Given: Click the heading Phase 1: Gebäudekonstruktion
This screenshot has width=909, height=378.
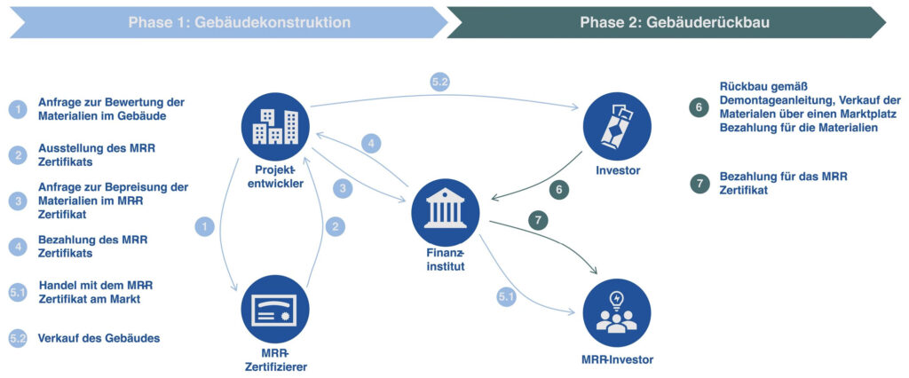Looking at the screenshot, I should [x=226, y=22].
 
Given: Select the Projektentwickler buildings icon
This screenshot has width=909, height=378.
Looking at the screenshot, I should [x=275, y=127].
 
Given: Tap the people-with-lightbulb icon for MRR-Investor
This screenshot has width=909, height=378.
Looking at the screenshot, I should [x=617, y=311].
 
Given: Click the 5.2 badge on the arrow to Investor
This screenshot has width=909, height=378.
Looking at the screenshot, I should [x=440, y=83].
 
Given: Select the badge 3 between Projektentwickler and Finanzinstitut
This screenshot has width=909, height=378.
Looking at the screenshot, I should [x=343, y=188].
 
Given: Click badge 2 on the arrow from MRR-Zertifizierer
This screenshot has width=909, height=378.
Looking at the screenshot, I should [x=335, y=226].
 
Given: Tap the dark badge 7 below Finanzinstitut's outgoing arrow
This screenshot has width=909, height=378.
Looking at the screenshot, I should [x=539, y=218].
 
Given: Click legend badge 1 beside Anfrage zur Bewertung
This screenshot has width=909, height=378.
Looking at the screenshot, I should [x=18, y=109].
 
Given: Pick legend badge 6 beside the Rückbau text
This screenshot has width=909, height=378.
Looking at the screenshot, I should [x=700, y=107].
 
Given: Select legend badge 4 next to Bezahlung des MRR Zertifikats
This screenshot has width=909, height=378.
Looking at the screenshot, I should [x=18, y=247].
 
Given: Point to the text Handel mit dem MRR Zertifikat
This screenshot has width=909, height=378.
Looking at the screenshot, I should [x=95, y=292].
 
